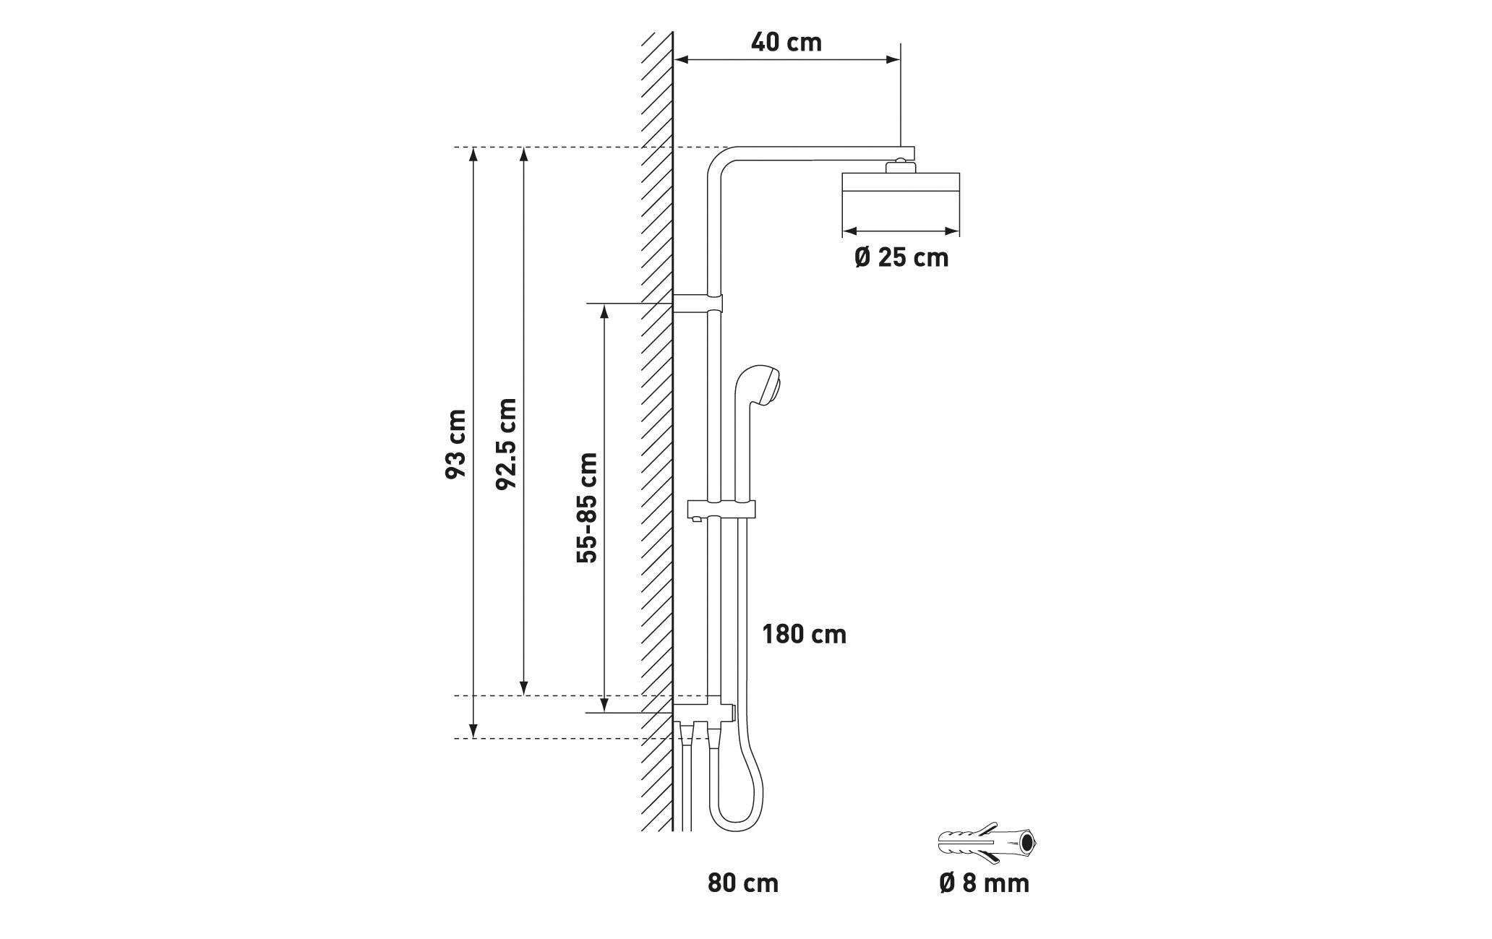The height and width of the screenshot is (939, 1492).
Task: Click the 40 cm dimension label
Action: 786,43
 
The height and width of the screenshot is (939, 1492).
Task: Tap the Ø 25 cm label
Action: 901,257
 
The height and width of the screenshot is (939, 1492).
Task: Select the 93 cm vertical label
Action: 455,443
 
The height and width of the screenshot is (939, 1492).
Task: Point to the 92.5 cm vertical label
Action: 507,443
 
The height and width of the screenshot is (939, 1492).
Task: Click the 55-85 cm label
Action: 587,507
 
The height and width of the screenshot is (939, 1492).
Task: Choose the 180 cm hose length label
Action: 804,635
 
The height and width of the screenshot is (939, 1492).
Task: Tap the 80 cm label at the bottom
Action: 743,883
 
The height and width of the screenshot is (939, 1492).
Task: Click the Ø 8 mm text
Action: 984,883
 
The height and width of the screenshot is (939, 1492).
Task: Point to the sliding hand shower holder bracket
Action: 721,510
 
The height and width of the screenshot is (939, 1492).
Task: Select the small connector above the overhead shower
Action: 900,166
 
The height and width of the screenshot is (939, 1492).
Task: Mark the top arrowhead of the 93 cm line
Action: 473,154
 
